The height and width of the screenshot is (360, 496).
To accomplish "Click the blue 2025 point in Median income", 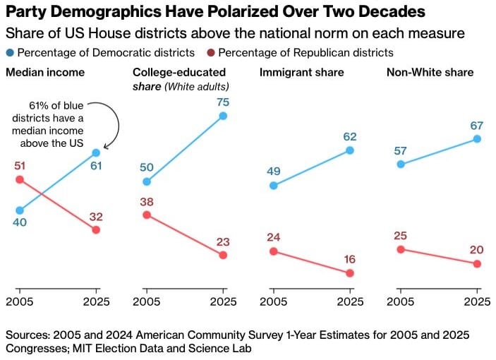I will [x=96, y=152].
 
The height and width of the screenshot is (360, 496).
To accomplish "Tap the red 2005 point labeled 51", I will [x=20, y=179].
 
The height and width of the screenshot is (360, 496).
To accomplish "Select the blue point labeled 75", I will [x=223, y=115].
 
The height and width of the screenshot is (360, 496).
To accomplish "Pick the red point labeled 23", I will [x=223, y=255].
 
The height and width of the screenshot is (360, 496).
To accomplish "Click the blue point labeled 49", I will [x=274, y=186].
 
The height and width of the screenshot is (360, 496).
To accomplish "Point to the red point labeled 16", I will [x=350, y=273].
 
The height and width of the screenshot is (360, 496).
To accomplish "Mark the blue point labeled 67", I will [x=477, y=139].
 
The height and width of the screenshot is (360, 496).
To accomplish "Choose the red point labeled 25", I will [x=401, y=249].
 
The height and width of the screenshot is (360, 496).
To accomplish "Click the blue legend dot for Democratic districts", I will [x=10, y=53].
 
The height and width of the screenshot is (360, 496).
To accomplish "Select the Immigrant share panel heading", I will [x=302, y=72].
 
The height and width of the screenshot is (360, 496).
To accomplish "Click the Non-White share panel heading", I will [x=430, y=72].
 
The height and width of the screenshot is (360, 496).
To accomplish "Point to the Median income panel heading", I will [x=45, y=72].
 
